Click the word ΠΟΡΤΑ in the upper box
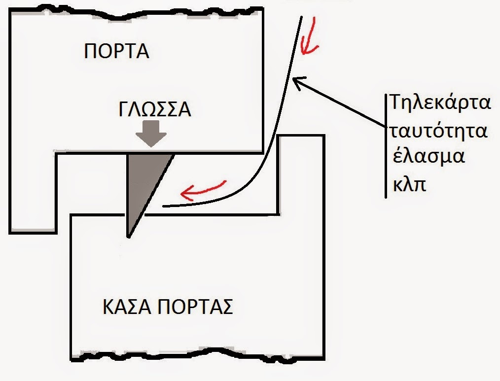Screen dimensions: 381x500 pos(116,51)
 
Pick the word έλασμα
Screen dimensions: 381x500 pos(428,159)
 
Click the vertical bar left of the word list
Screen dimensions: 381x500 pos(386,146)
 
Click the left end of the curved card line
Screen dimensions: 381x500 pos(164,206)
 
